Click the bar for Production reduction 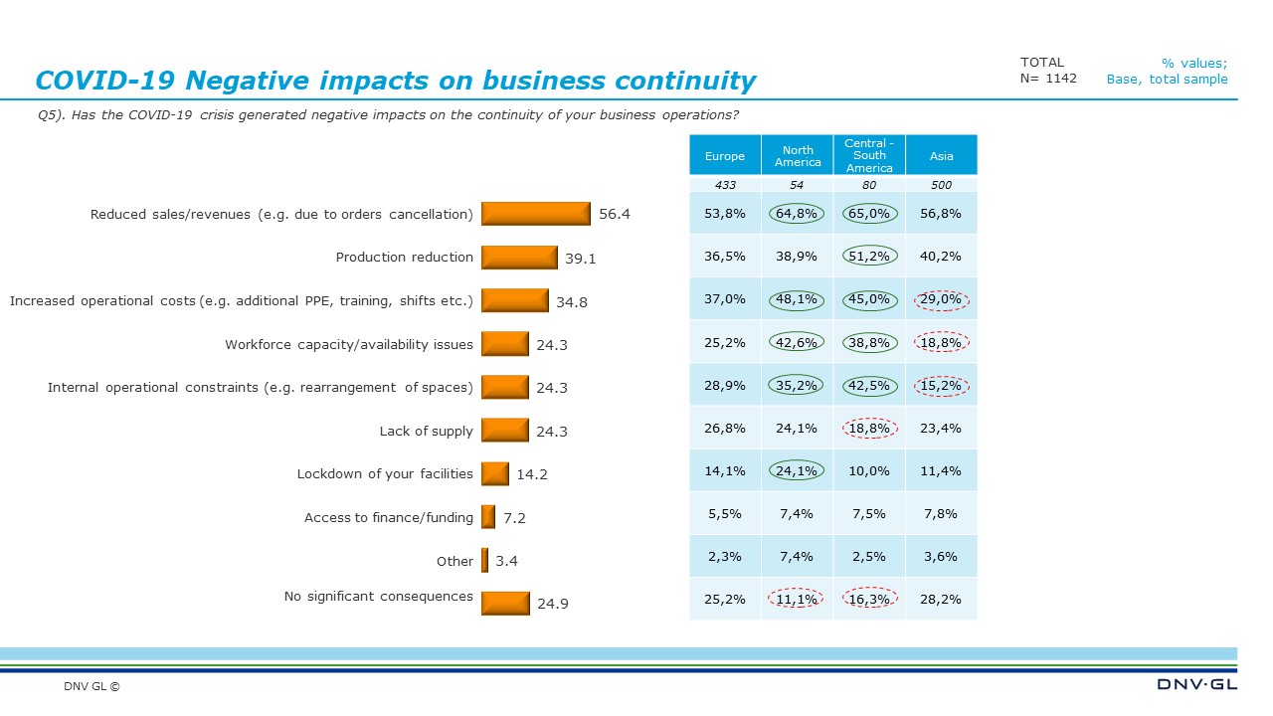pos(519,258)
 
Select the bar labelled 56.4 pos(536,214)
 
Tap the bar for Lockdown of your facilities pos(495,473)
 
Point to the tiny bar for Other pos(485,561)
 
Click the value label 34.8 pos(572,301)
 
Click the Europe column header pos(725,156)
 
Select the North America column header pos(798,156)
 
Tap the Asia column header pos(941,156)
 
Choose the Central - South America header pos(869,156)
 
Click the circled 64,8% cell pos(798,213)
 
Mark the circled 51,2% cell pos(869,256)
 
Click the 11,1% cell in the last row pos(798,599)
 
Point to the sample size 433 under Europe pos(725,185)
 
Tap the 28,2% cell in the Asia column pos(941,599)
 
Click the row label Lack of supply pos(426,431)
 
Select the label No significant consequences pos(378,596)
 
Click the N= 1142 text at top pos(1048,79)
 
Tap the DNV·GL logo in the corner pos(1196,684)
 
